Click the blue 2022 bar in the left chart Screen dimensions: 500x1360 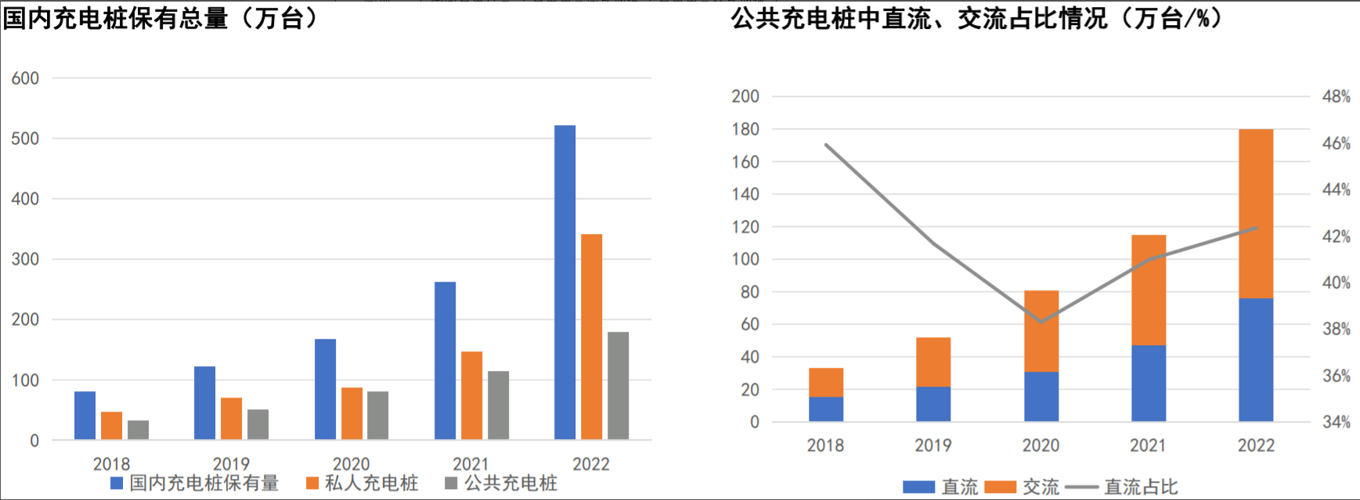[x=565, y=282]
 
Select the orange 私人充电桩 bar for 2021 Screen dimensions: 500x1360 [x=471, y=395]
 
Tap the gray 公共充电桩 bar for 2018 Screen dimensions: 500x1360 [x=138, y=430]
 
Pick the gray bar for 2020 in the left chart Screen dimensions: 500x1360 [x=377, y=415]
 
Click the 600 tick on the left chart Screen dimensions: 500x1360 [x=25, y=78]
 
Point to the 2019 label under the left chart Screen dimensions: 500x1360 [x=231, y=464]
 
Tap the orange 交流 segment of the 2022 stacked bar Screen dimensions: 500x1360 [x=1256, y=213]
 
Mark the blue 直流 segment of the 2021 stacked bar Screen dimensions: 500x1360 [x=1149, y=383]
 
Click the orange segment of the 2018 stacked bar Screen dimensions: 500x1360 [x=826, y=382]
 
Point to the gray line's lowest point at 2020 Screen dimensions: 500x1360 [x=1041, y=321]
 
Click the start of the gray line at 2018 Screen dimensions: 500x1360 [x=827, y=145]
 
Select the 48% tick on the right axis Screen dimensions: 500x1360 [x=1336, y=97]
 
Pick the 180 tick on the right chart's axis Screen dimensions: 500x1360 [x=745, y=129]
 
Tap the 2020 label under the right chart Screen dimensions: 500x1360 [x=1041, y=445]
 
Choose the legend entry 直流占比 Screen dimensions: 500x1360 [x=1140, y=487]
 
